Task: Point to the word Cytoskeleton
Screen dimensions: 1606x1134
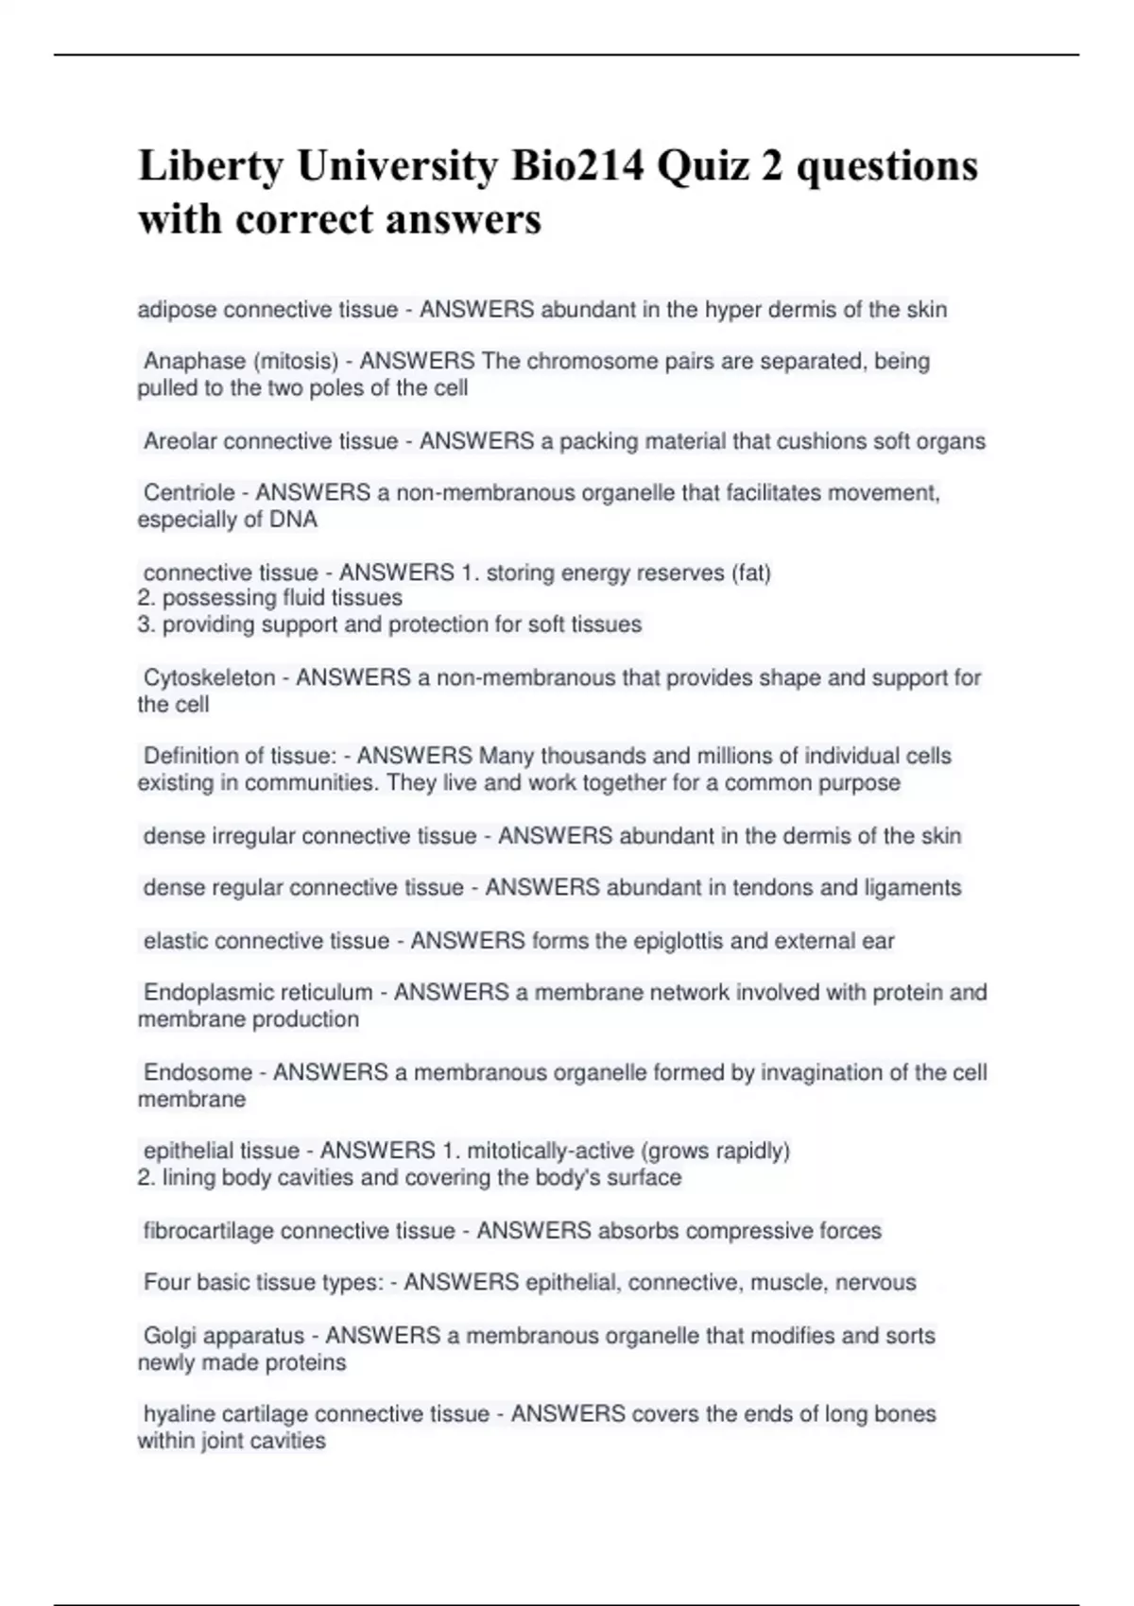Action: point(209,677)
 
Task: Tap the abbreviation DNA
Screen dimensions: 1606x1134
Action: point(294,520)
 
